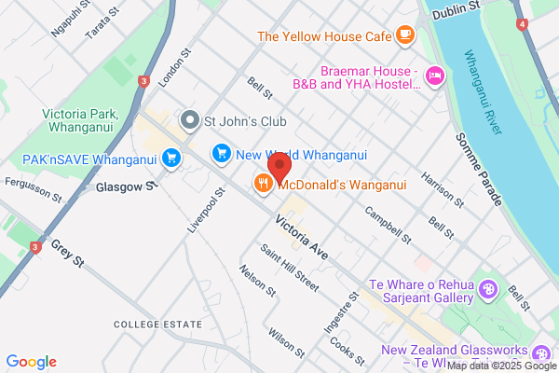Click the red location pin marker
point(279,170)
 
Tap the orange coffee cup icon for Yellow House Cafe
point(404,35)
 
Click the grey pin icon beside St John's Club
point(190,119)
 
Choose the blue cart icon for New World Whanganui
point(222,152)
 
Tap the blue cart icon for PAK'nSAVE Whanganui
point(170,159)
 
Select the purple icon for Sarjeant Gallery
point(486,292)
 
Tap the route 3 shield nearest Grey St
point(35,247)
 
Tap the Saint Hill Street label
point(290,270)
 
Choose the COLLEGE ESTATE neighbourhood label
point(157,324)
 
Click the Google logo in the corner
point(31,361)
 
